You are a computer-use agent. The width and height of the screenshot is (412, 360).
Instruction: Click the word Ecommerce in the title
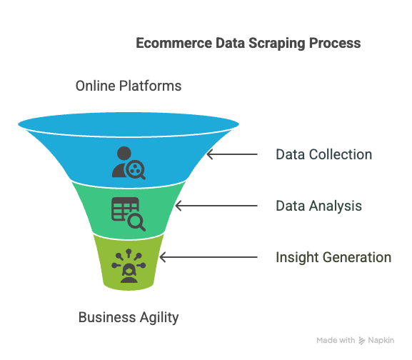[x=174, y=43]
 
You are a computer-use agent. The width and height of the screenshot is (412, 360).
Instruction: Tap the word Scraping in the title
[x=276, y=44]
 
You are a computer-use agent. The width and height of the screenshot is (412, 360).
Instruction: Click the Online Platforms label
[x=129, y=86]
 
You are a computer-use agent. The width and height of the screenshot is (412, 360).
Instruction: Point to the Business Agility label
[x=129, y=317]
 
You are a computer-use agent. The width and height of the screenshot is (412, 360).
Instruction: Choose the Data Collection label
[x=324, y=154]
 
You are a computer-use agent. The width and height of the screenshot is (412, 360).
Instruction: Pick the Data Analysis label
[x=318, y=206]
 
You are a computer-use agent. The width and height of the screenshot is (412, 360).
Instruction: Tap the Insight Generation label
[x=333, y=257]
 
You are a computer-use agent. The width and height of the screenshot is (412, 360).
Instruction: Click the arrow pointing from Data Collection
[x=232, y=154]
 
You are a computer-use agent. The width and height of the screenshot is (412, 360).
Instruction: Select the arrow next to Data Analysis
[x=216, y=206]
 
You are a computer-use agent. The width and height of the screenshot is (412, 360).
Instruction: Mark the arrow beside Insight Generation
[x=208, y=257]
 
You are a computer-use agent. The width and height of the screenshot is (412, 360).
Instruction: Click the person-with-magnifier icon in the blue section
[x=129, y=163]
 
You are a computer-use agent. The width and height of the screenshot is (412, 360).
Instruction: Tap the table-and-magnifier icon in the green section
[x=129, y=214]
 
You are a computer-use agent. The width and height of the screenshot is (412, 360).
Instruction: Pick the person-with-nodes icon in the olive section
[x=129, y=266]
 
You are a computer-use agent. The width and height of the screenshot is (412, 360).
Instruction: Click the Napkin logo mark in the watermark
[x=362, y=341]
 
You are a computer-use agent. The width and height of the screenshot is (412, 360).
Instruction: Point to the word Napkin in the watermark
[x=381, y=340]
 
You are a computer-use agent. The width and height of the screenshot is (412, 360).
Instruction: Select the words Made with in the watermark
[x=336, y=340]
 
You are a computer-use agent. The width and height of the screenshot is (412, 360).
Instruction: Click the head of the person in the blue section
[x=124, y=153]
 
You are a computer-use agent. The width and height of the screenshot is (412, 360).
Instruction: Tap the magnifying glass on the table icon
[x=136, y=223]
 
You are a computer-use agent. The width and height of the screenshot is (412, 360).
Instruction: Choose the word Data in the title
[x=230, y=43]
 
